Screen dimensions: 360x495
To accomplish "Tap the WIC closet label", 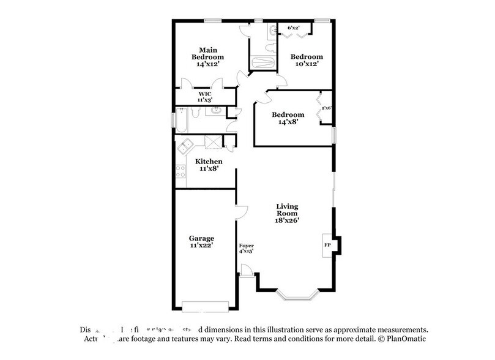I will point(204,97).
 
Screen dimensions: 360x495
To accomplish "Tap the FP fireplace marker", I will point(326,245).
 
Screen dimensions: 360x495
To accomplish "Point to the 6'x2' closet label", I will point(294,28).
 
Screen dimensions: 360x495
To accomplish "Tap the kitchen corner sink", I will point(184,145).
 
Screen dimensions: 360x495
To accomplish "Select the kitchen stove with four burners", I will point(181,171).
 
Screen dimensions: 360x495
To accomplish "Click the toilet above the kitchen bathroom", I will point(194,111).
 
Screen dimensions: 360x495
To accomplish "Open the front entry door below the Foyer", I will point(247,271).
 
